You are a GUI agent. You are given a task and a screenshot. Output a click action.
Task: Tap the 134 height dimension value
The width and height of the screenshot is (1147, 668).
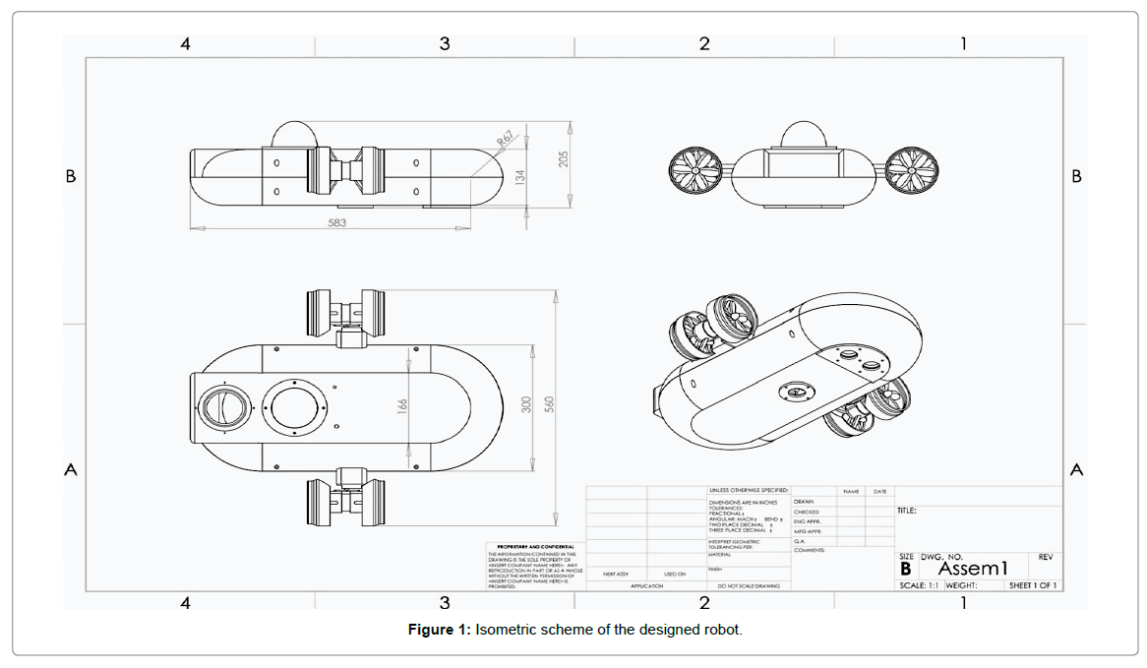click(x=522, y=178)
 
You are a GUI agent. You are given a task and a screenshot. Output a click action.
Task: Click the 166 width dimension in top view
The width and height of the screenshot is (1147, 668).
click(x=401, y=404)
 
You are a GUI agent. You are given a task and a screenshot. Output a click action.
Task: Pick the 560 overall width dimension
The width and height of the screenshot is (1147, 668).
click(x=551, y=404)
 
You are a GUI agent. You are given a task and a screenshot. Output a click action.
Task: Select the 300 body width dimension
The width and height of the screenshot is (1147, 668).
click(x=526, y=404)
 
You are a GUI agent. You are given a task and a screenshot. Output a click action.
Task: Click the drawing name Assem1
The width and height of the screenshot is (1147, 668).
click(x=974, y=569)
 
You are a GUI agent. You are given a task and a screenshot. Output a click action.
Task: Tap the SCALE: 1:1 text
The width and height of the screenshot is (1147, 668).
click(x=920, y=585)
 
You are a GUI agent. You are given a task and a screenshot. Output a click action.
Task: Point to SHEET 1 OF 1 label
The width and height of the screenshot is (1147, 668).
click(x=1033, y=585)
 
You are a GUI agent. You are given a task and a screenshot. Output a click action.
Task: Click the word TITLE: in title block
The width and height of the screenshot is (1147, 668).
click(x=907, y=511)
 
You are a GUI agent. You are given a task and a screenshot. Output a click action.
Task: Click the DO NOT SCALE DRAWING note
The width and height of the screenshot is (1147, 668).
click(x=749, y=585)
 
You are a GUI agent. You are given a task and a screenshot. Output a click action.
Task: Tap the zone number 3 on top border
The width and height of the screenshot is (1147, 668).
click(x=445, y=43)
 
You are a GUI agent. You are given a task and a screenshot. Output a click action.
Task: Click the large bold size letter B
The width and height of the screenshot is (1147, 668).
click(x=906, y=569)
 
